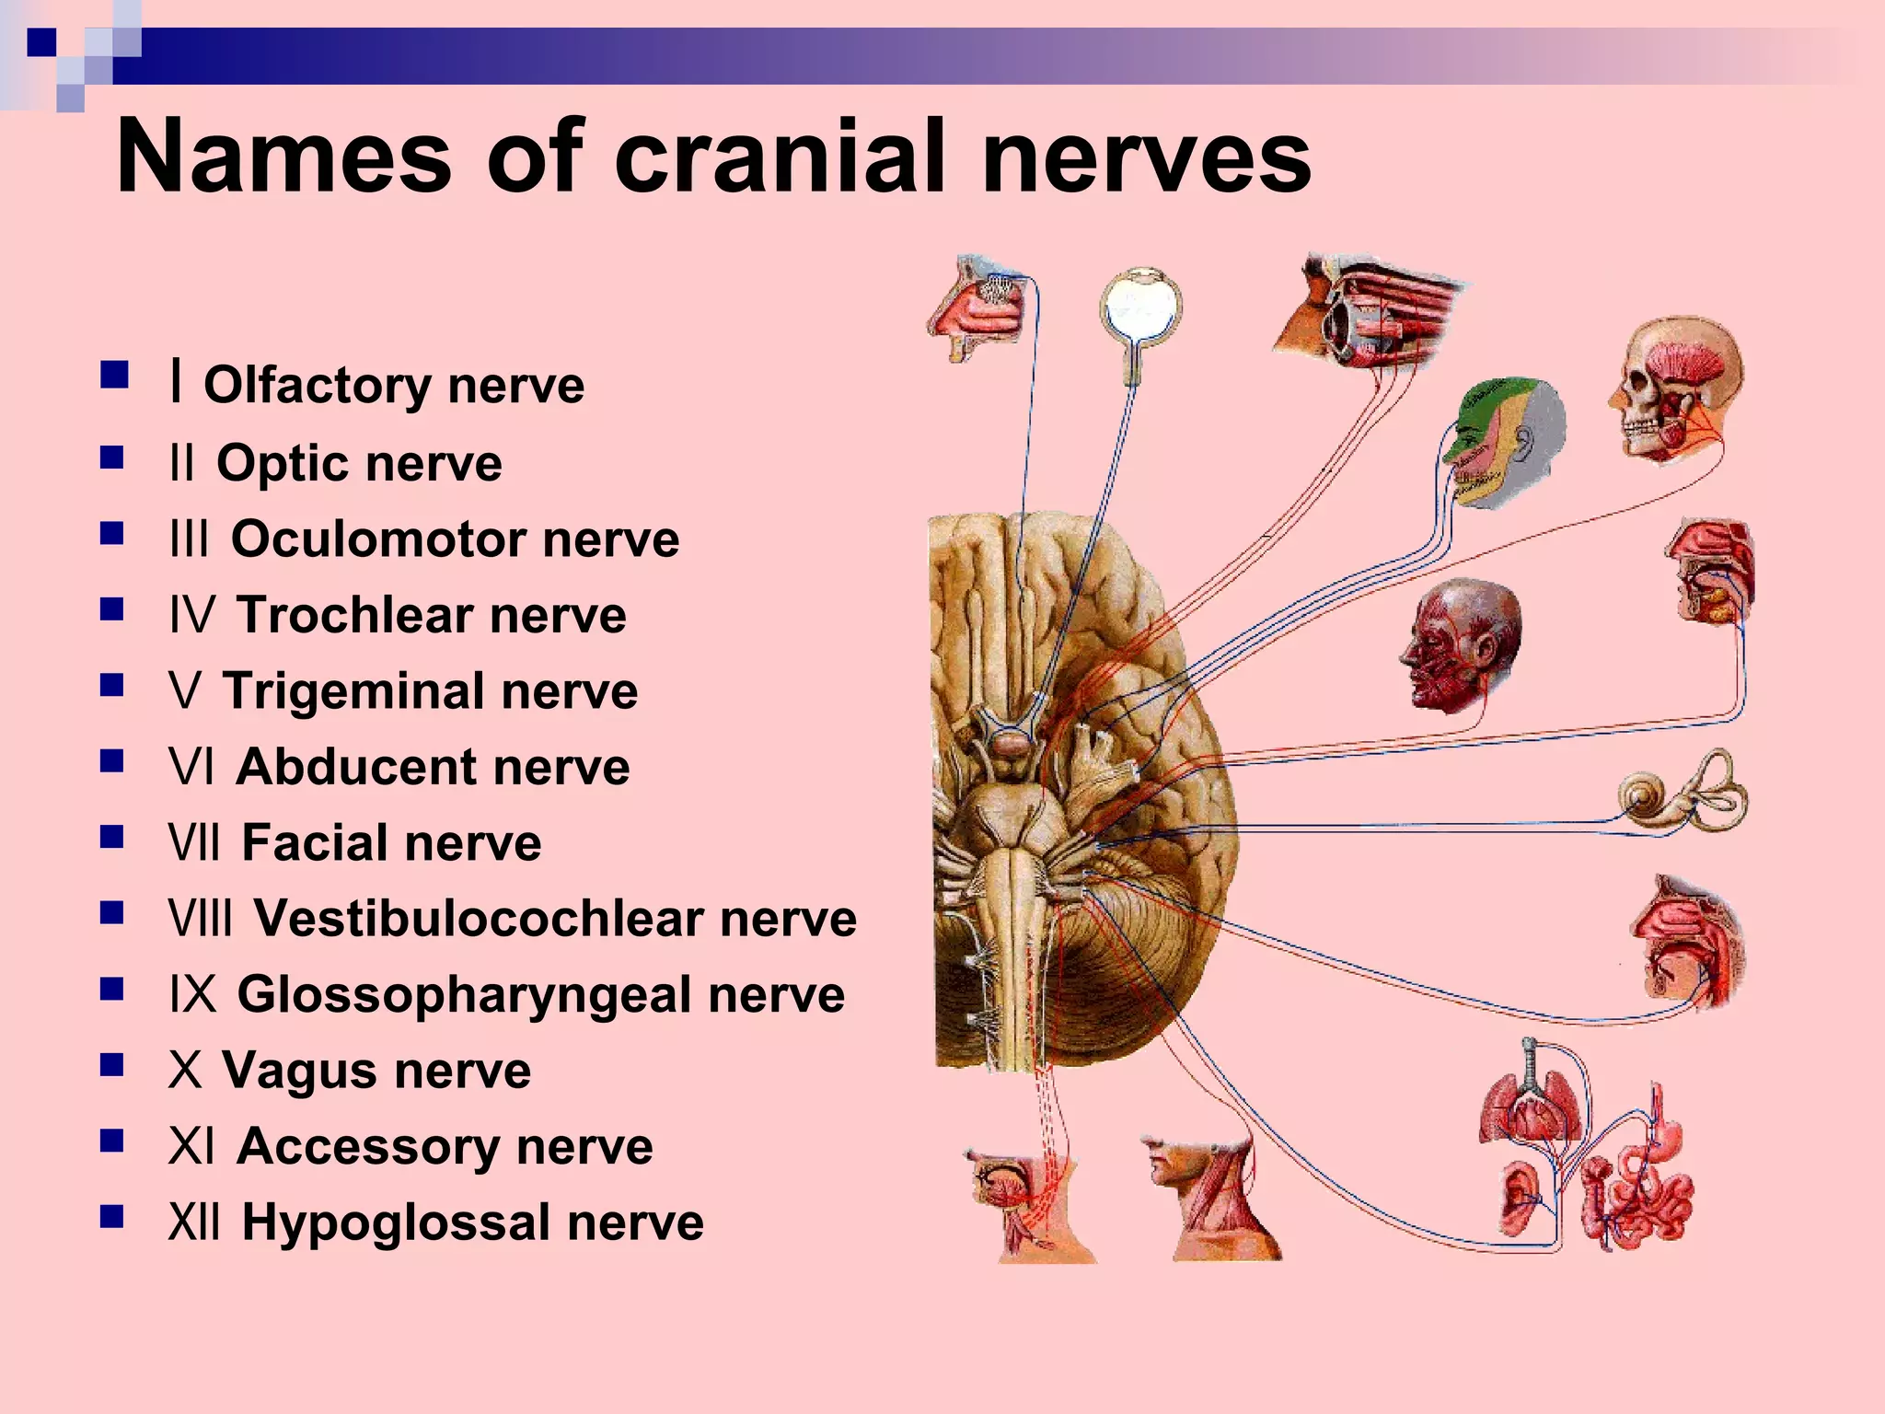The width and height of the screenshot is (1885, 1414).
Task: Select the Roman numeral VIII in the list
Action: pyautogui.click(x=201, y=918)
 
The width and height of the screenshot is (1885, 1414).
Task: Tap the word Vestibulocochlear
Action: pyautogui.click(x=479, y=918)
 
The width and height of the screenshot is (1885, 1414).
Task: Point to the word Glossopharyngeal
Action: pyautogui.click(x=464, y=996)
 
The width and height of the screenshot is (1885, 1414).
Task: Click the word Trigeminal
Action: pyautogui.click(x=353, y=692)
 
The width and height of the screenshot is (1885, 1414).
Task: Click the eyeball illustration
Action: pyautogui.click(x=1141, y=318)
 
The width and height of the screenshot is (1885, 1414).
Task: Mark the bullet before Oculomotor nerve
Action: pyautogui.click(x=112, y=534)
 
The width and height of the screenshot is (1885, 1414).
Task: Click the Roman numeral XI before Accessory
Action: pyautogui.click(x=191, y=1147)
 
